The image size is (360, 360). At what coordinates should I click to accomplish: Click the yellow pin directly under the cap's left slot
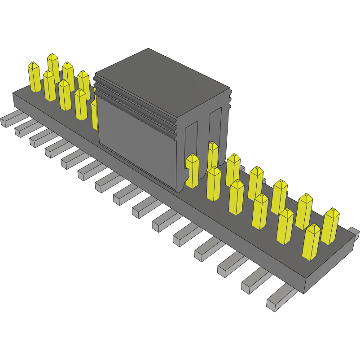[x=192, y=171]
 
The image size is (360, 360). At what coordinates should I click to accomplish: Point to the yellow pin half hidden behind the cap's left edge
[x=94, y=114]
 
